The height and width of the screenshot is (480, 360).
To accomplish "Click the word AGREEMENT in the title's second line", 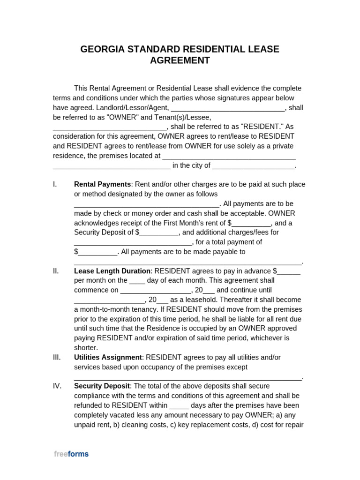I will coord(180,60).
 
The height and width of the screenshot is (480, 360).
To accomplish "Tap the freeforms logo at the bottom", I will coord(71,454).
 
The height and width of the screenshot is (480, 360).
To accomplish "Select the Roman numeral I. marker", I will coord(55,184).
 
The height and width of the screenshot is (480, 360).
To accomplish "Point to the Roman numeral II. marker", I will coord(56,271).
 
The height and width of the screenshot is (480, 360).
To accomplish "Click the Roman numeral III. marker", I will coord(57,357).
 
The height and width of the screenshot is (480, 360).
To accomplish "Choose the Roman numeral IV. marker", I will coord(57,386).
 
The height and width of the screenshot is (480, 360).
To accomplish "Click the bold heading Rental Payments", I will coord(102,184).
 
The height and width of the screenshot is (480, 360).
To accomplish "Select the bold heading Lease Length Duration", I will coord(112,271).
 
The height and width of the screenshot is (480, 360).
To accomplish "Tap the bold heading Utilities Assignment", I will coord(108,357).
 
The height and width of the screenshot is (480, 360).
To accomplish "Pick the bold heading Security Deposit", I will coord(102,386).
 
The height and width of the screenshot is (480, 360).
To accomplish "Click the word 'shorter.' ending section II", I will coord(86,348).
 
